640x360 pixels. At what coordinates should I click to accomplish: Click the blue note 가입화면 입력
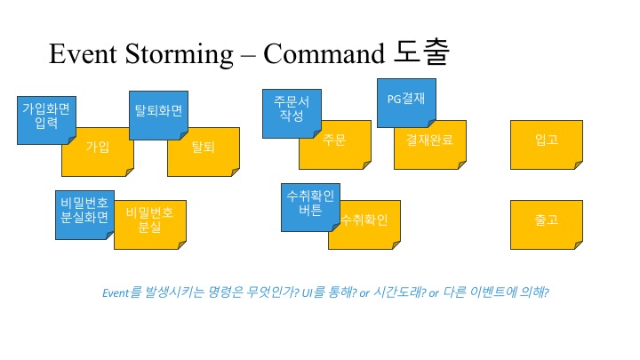(x=45, y=116)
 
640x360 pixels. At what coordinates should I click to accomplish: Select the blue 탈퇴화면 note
(x=157, y=113)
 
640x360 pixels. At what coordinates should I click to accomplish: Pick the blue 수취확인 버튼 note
(x=308, y=206)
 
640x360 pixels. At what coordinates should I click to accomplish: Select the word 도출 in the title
(x=421, y=53)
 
